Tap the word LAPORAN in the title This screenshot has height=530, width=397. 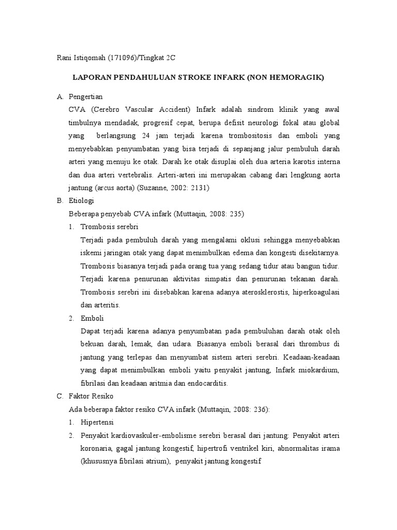[91, 78]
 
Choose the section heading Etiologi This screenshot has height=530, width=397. [81, 200]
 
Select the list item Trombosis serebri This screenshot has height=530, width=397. [110, 227]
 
